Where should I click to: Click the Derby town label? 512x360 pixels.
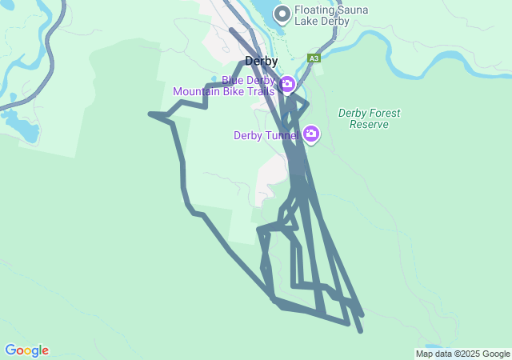[x=262, y=62]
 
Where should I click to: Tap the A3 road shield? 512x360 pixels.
[x=314, y=58]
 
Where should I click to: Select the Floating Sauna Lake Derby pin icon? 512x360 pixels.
[x=282, y=14]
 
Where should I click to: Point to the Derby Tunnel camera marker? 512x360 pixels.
[x=311, y=134]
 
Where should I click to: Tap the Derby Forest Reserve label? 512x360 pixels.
[x=369, y=118]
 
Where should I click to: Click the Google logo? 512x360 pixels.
[x=26, y=350]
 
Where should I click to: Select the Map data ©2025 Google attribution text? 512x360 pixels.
[x=462, y=354]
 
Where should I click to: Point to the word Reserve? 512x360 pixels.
[x=369, y=124]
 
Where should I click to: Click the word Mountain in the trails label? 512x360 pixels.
[x=196, y=91]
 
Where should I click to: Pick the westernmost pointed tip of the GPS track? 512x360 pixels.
[x=150, y=114]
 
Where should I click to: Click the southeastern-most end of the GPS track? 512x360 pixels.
[x=361, y=330]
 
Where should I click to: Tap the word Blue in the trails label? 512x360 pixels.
[x=234, y=80]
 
